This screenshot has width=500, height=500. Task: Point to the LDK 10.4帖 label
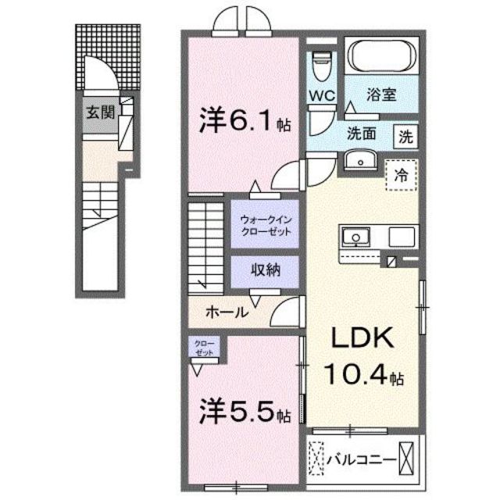click(x=363, y=355)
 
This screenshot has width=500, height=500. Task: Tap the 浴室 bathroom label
click(x=382, y=95)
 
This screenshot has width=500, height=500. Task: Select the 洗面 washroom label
click(x=362, y=134)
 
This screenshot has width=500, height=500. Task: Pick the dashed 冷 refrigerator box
click(x=400, y=173)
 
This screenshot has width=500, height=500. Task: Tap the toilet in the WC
click(x=320, y=65)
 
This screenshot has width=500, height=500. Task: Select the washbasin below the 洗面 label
click(x=360, y=162)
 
